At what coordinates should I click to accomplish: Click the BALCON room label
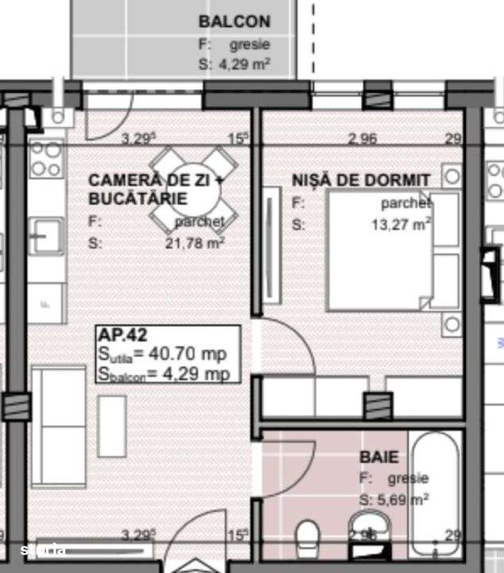point(234,21)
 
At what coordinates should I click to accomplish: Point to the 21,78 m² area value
point(195,244)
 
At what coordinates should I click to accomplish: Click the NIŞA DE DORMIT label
point(361,181)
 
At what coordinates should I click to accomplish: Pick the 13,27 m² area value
point(401,224)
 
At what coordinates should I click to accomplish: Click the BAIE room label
point(379,458)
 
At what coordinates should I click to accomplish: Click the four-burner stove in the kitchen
point(46,159)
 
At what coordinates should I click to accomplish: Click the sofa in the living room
point(58,427)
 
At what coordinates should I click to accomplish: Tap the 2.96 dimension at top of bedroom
point(362,138)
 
